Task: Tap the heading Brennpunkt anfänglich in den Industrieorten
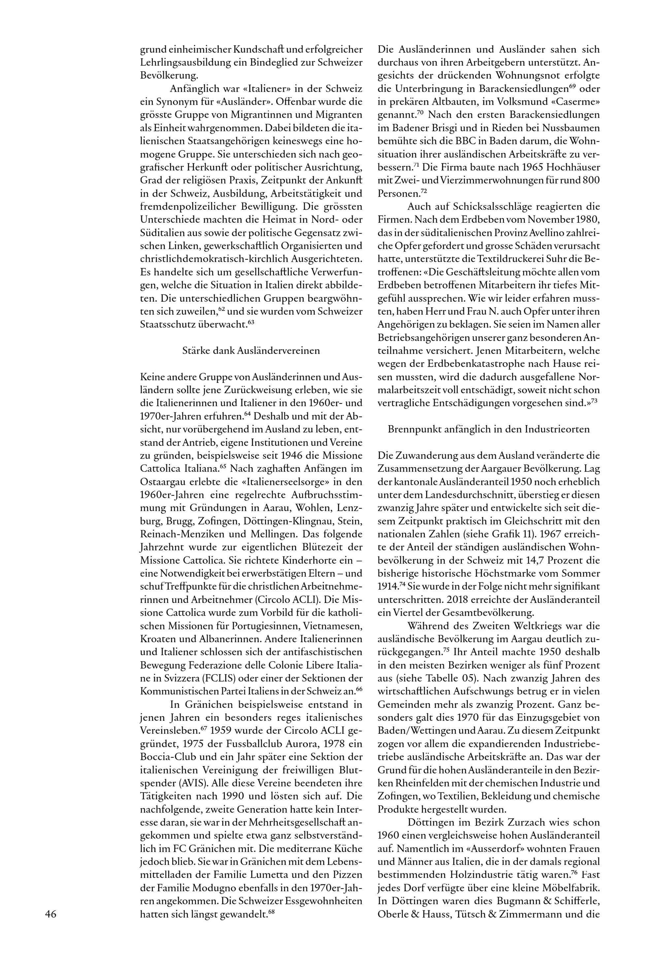click(488, 429)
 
